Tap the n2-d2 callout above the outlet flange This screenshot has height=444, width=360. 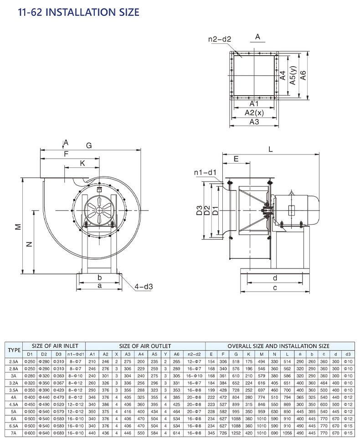[x=220, y=39]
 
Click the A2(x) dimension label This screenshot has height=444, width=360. [x=254, y=113]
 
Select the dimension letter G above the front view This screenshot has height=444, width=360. [x=89, y=145]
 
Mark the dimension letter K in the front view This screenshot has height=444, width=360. [x=82, y=163]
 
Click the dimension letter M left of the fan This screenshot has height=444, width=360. [x=18, y=227]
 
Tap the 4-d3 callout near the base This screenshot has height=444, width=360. [x=144, y=287]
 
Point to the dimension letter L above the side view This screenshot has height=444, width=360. [x=271, y=149]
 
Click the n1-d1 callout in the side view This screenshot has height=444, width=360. [x=205, y=172]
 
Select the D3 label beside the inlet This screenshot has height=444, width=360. [x=199, y=211]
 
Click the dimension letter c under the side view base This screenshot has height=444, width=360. [x=275, y=288]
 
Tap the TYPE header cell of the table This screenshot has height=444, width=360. [x=15, y=350]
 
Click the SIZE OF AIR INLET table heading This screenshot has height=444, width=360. [x=52, y=346]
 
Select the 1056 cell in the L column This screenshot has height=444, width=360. [x=288, y=432]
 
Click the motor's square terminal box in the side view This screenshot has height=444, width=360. [x=292, y=211]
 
